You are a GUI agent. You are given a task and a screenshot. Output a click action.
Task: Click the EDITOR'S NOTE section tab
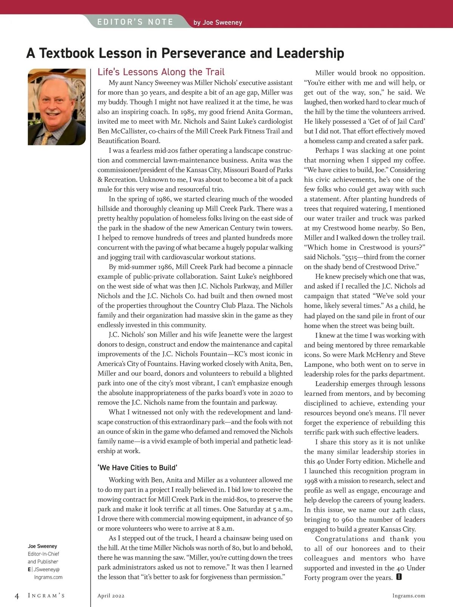tap(135, 22)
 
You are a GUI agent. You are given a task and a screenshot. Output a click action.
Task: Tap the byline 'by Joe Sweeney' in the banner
tap(217, 23)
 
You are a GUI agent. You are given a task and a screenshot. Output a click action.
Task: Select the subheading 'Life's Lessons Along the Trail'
tap(161, 72)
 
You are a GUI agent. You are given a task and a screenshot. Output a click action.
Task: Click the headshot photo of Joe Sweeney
tap(57, 107)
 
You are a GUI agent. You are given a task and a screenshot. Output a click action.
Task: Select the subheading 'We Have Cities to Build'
tap(137, 468)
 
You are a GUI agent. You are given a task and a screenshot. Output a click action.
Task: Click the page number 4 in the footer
tap(17, 596)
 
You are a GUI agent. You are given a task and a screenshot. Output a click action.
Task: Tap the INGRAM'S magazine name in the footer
tap(46, 596)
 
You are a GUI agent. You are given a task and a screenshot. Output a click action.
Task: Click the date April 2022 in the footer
tap(111, 596)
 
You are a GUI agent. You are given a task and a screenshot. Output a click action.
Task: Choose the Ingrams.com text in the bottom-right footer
tap(409, 596)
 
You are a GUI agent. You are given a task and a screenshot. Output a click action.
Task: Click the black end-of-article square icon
tap(399, 577)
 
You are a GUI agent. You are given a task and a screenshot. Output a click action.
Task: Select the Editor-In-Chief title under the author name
tap(43, 554)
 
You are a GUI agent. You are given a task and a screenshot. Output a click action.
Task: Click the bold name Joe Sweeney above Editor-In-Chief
tap(42, 546)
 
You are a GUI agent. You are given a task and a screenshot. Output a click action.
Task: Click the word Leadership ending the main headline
tap(310, 53)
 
